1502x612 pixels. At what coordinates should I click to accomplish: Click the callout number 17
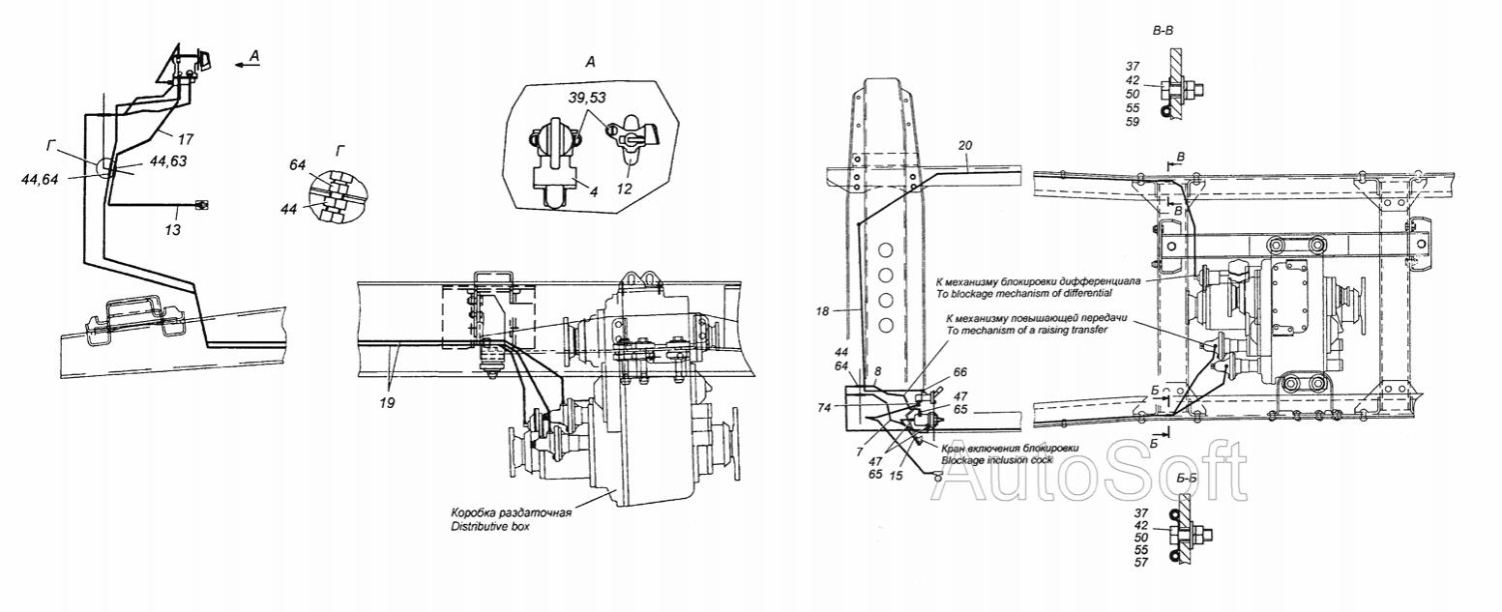click(x=186, y=139)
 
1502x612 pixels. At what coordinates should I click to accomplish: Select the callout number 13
click(x=172, y=230)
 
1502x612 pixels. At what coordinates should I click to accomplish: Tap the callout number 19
click(x=387, y=403)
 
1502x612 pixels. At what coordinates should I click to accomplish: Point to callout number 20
click(x=965, y=145)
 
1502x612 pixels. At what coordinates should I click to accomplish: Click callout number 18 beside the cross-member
click(x=823, y=311)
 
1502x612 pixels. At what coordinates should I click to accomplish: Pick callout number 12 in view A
click(x=624, y=189)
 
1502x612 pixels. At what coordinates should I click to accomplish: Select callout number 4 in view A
click(x=594, y=191)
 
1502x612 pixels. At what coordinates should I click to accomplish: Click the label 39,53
click(x=587, y=98)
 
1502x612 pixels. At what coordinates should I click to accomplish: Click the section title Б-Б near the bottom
click(x=1186, y=478)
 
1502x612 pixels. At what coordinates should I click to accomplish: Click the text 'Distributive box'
click(x=490, y=526)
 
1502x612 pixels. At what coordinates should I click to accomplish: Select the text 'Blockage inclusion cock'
click(x=997, y=460)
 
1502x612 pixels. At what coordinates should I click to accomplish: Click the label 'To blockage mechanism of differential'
click(x=1029, y=293)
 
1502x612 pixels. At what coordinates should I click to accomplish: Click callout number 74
click(x=824, y=408)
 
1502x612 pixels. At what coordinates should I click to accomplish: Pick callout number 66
click(x=960, y=372)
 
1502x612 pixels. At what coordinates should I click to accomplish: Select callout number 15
click(x=896, y=476)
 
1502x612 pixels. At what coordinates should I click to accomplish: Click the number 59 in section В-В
click(x=1132, y=121)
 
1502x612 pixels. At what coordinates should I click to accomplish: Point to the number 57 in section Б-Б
click(x=1140, y=563)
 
